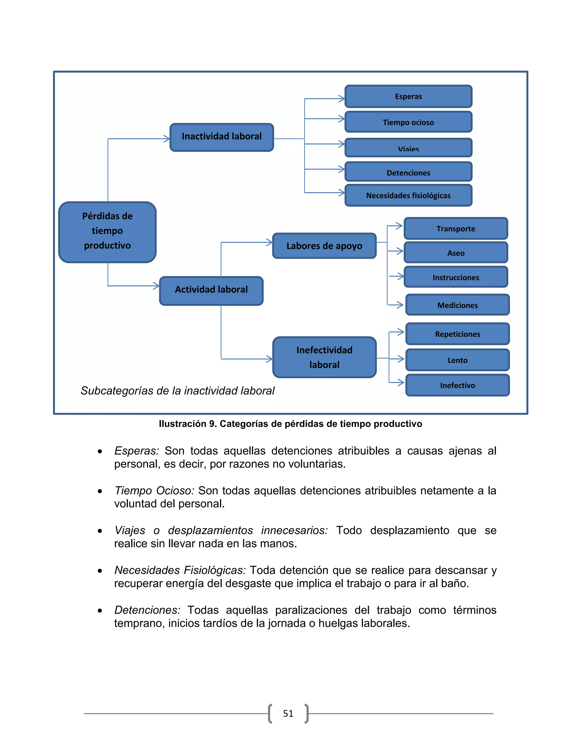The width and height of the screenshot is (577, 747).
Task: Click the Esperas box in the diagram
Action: [408, 96]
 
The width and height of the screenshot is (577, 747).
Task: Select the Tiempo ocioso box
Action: [408, 122]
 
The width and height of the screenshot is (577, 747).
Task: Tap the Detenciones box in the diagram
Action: [408, 172]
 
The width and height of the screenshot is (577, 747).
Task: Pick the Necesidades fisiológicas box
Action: [408, 195]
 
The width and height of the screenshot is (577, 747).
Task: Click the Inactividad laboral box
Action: [221, 137]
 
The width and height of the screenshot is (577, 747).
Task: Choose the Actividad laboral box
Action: [211, 290]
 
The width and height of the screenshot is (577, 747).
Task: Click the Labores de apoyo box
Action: [324, 246]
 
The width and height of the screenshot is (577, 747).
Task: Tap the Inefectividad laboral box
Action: [324, 357]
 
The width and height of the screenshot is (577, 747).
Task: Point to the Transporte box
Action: [456, 229]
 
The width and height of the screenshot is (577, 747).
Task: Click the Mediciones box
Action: [457, 305]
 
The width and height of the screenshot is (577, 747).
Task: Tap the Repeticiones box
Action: [457, 334]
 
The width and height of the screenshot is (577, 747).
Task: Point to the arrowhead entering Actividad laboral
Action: [156, 286]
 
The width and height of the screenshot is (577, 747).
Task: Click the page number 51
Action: [288, 713]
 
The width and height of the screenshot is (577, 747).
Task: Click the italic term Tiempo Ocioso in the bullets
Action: [154, 490]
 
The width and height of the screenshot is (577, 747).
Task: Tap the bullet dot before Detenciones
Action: [100, 611]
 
